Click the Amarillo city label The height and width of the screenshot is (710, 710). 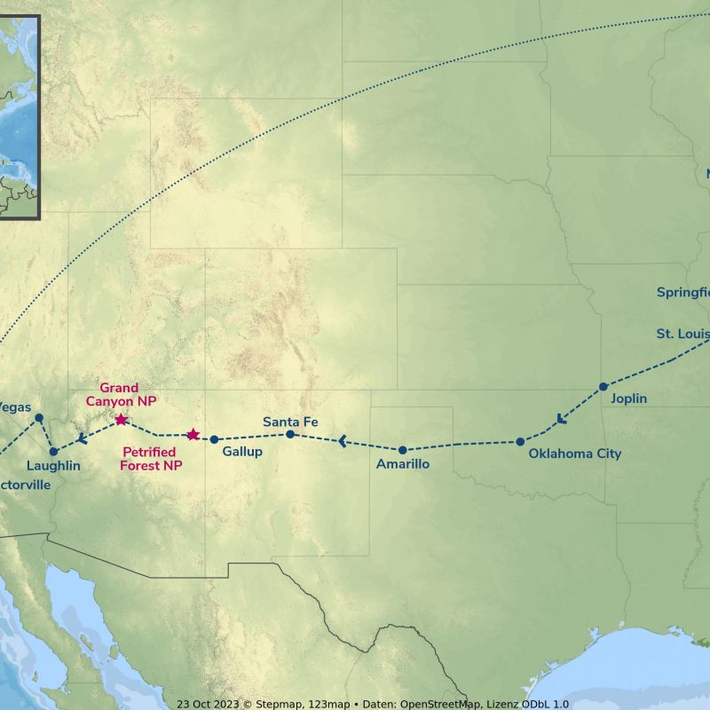click(x=403, y=464)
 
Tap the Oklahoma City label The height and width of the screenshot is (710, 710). click(x=575, y=454)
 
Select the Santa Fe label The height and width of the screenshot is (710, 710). click(x=290, y=422)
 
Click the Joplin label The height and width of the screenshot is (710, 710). click(x=629, y=398)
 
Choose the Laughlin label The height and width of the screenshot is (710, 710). click(x=53, y=466)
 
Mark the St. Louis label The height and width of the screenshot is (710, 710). click(x=682, y=334)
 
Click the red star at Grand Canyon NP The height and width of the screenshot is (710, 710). click(x=121, y=419)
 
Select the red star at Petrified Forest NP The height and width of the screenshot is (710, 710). click(x=193, y=434)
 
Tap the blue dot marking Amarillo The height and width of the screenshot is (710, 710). click(x=402, y=450)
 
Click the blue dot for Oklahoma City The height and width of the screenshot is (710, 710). click(x=521, y=441)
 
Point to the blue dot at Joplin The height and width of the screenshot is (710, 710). click(x=603, y=386)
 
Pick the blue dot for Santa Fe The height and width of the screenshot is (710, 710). click(x=290, y=434)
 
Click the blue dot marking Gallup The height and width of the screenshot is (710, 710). click(x=214, y=439)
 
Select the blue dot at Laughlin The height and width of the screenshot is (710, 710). click(x=53, y=452)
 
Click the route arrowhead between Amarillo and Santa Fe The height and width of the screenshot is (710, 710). click(x=342, y=440)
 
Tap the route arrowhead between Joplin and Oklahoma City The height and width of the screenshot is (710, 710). click(x=559, y=419)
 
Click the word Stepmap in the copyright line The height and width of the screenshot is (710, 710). click(x=278, y=704)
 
